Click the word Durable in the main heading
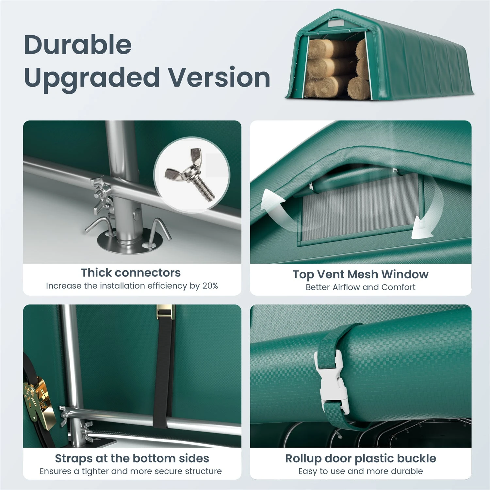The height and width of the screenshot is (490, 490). pyautogui.click(x=78, y=44)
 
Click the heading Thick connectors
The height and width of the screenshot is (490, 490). pyautogui.click(x=131, y=272)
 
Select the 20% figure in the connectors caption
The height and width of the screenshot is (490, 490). pyautogui.click(x=210, y=286)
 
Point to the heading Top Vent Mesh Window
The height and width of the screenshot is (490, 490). pyautogui.click(x=361, y=274)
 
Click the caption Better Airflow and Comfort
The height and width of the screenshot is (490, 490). pyautogui.click(x=361, y=287)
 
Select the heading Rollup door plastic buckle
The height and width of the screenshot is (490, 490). pyautogui.click(x=361, y=459)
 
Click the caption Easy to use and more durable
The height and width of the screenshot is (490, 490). pyautogui.click(x=361, y=471)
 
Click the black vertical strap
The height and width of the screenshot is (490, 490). pyautogui.click(x=164, y=369)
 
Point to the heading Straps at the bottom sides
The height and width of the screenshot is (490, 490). pyautogui.click(x=132, y=459)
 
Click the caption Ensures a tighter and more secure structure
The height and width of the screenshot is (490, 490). pyautogui.click(x=131, y=471)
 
